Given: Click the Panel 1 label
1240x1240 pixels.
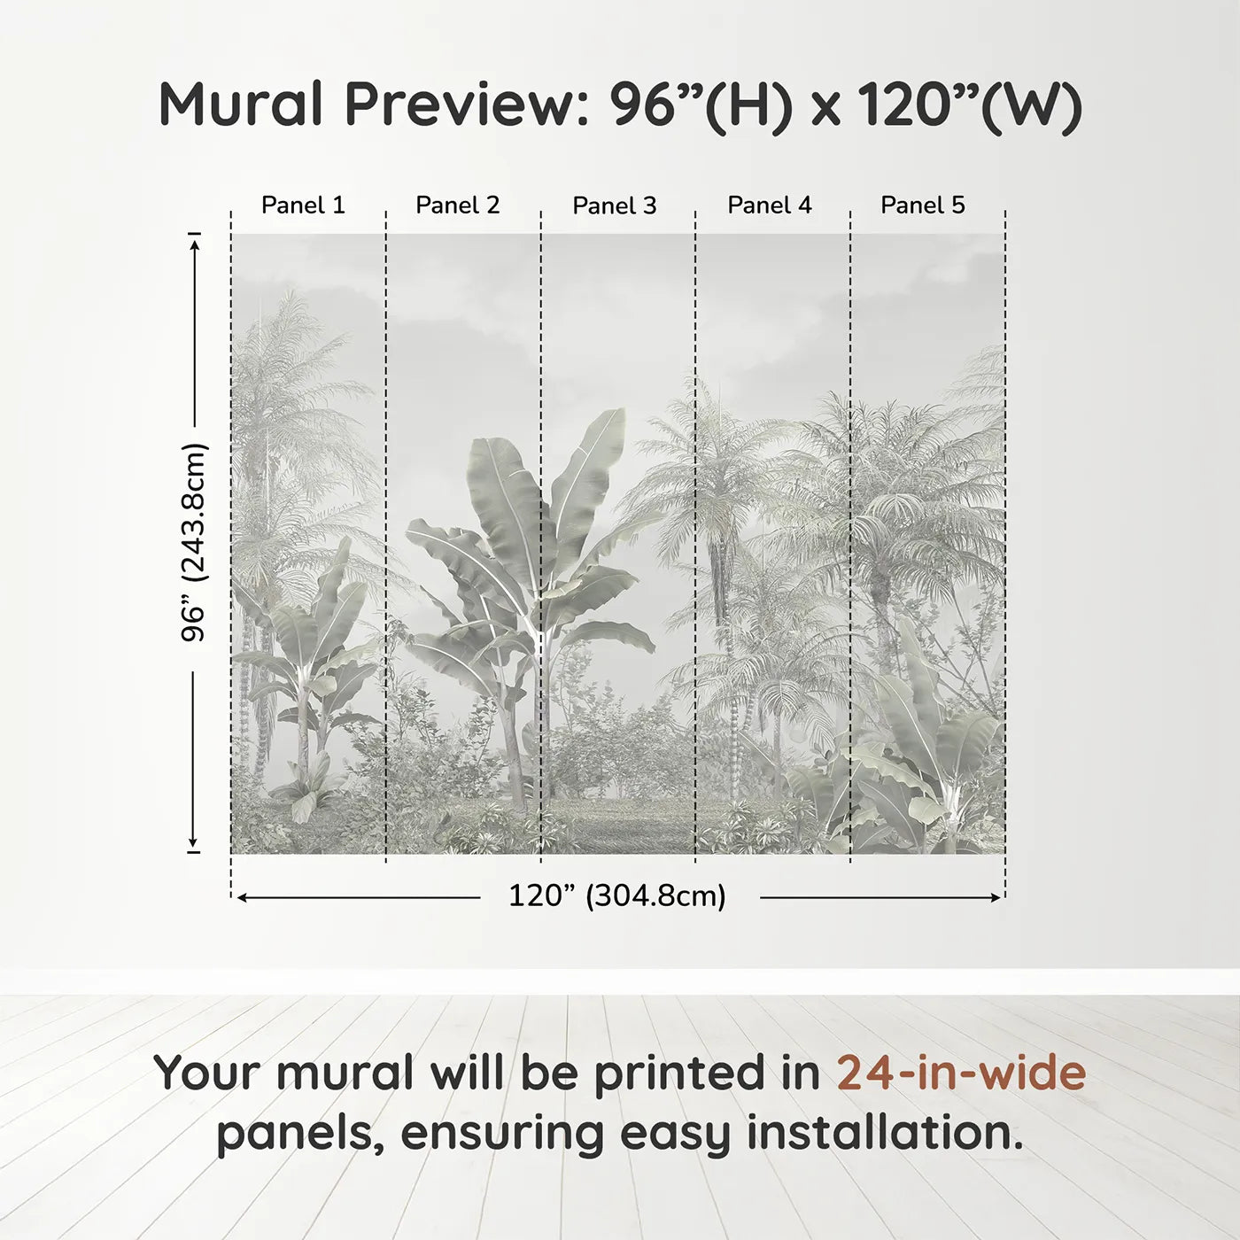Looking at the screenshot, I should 303,205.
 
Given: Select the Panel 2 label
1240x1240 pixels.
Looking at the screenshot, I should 458,205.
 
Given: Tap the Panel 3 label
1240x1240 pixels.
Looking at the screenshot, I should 615,206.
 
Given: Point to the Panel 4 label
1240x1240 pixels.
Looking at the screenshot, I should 770,205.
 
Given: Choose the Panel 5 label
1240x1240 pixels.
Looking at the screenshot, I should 923,205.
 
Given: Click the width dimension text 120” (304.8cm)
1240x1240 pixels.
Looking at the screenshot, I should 617,896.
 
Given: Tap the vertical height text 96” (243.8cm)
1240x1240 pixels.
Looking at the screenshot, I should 194,542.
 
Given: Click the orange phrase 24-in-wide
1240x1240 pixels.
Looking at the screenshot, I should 961,1073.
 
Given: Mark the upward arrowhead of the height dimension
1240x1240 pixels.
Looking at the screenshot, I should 195,239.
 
